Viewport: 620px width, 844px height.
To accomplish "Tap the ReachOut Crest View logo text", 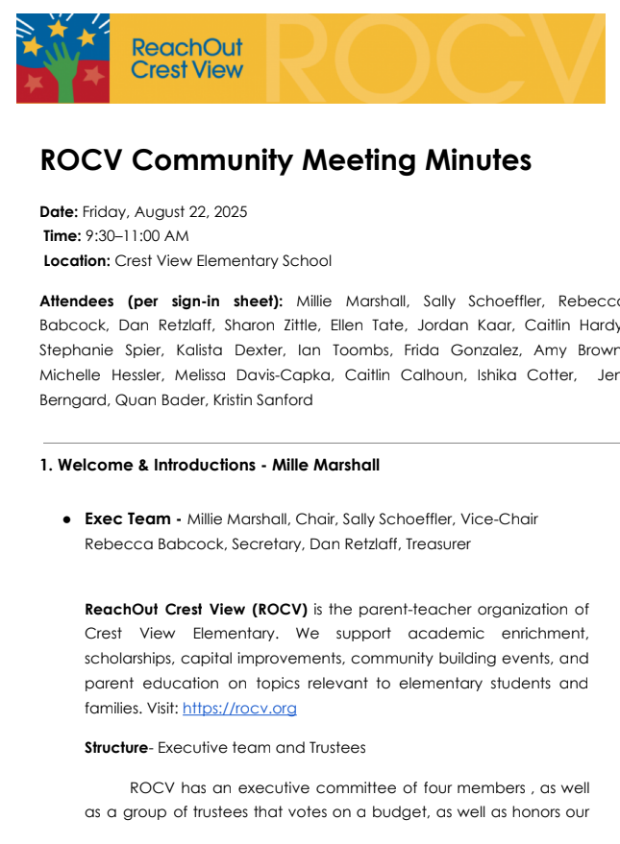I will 186,59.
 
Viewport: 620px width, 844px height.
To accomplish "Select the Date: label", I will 59,211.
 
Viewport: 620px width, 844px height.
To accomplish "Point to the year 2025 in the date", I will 231,211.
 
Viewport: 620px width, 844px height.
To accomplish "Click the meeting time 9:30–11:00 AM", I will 137,235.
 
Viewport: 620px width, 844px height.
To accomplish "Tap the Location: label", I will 78,260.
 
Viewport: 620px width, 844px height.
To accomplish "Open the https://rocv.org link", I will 239,709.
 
